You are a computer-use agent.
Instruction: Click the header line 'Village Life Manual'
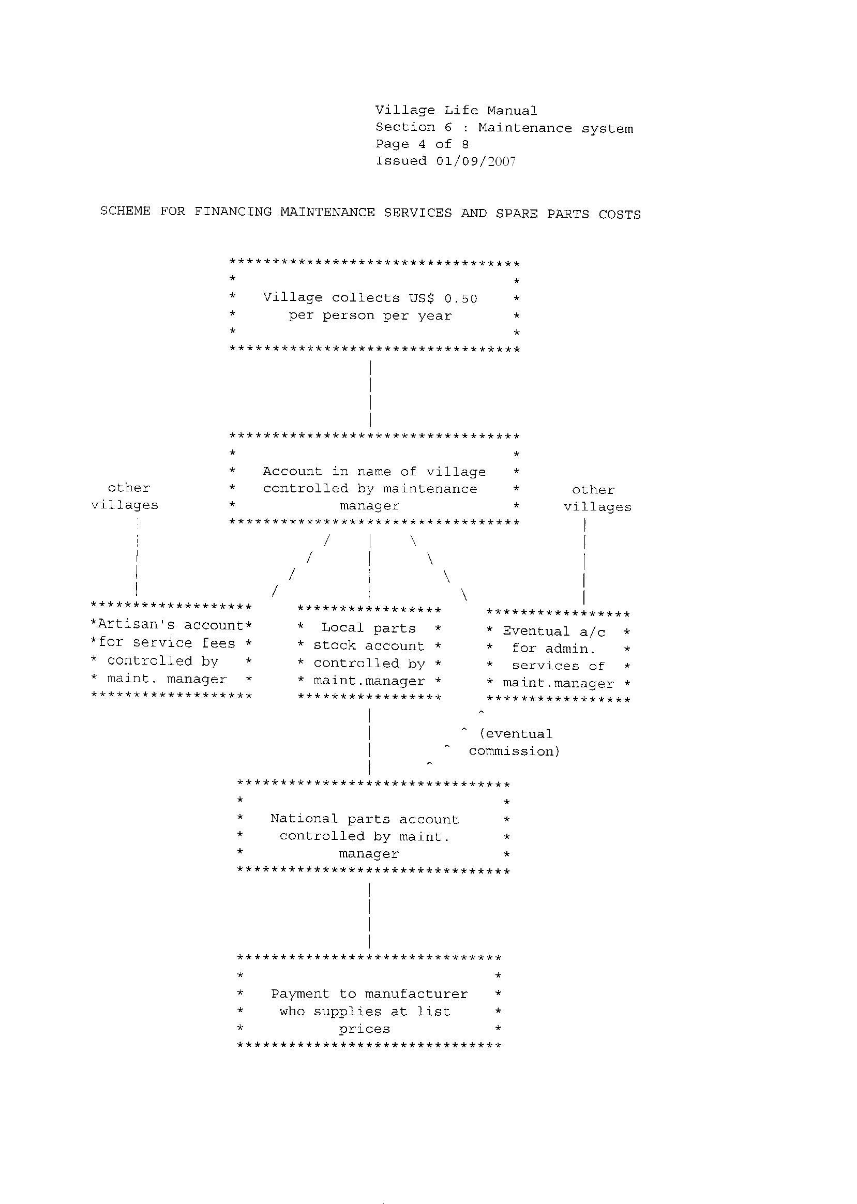[x=456, y=111]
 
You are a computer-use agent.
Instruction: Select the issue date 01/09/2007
[x=475, y=161]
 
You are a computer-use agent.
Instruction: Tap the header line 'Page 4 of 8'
[x=422, y=144]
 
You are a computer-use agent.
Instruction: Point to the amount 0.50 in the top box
[x=460, y=298]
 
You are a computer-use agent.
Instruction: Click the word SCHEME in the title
[x=125, y=211]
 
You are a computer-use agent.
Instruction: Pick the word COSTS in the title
[x=620, y=214]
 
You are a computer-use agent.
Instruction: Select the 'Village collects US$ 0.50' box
[x=374, y=307]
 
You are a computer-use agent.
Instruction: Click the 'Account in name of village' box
[x=374, y=479]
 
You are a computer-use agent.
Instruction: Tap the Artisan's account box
[x=172, y=651]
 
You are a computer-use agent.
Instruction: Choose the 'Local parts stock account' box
[x=369, y=654]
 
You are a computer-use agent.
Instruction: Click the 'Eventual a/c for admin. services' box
[x=558, y=657]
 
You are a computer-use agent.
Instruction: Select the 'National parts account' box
[x=373, y=828]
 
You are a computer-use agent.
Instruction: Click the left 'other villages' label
[x=125, y=496]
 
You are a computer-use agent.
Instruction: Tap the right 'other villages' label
[x=597, y=499]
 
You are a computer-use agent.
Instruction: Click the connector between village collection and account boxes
[x=371, y=393]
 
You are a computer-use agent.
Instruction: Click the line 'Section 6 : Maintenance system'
[x=504, y=128]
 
